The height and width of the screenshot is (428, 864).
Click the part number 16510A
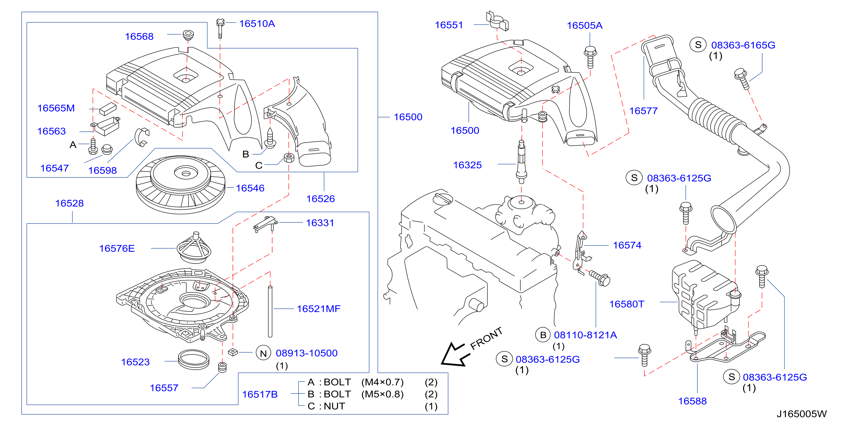(257, 24)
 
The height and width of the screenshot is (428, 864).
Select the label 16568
(139, 37)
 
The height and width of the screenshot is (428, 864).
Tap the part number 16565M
(56, 108)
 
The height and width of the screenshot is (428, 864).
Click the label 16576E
(117, 249)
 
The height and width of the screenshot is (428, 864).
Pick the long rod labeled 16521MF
(270, 311)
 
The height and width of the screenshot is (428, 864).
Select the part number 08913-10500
(306, 353)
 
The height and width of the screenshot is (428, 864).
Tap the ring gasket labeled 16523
(193, 360)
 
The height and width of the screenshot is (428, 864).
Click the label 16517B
(260, 395)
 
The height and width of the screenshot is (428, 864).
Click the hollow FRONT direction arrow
(453, 355)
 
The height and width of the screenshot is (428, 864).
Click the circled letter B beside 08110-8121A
(543, 335)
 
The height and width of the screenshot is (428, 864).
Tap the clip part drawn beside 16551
(497, 21)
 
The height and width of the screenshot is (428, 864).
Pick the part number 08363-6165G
(743, 45)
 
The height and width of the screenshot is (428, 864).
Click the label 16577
(643, 111)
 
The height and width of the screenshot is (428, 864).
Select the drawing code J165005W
(802, 414)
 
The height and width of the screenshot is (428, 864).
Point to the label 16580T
(626, 304)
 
